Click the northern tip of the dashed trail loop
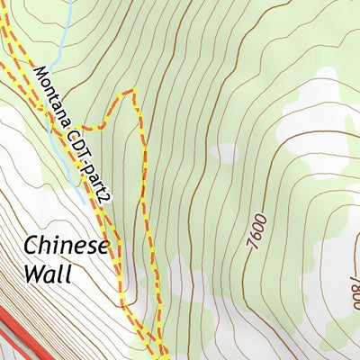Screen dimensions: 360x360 [x=133, y=90]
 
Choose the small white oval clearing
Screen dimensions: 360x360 [x=226, y=153]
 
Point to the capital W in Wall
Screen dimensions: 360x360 [x=33, y=274]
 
